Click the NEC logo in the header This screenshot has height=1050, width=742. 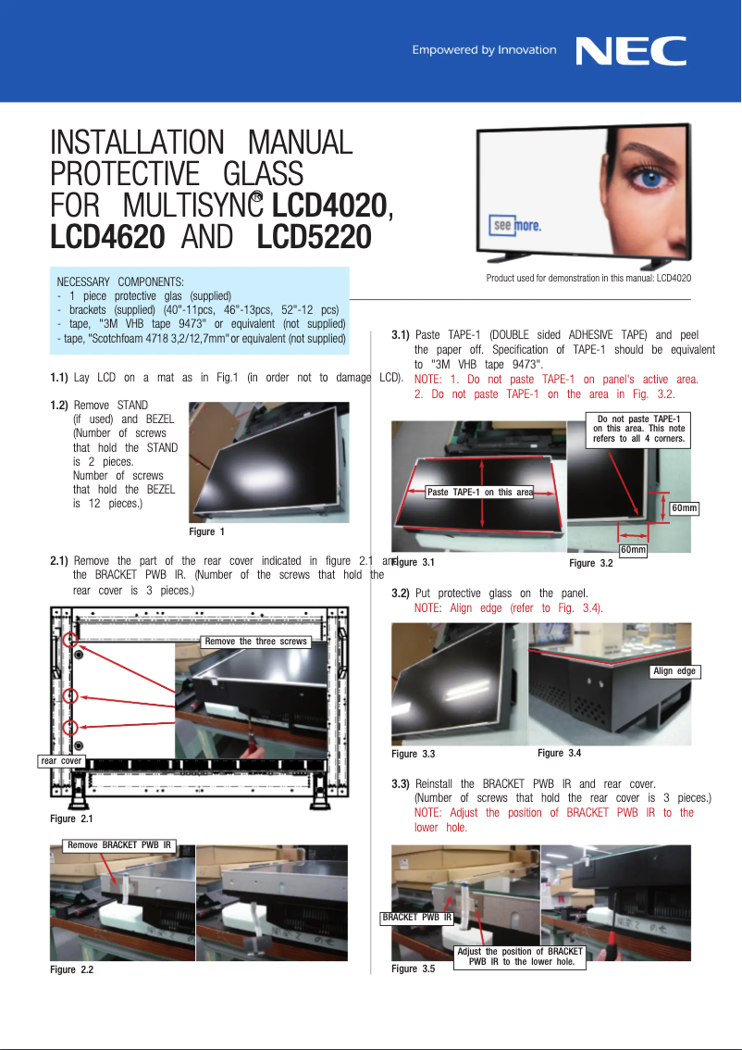631,50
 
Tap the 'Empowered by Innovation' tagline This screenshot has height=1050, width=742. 484,50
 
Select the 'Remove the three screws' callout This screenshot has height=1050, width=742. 255,641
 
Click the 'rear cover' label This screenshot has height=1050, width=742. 62,761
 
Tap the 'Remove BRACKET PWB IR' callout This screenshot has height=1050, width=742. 118,844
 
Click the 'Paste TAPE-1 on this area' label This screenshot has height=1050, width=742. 479,492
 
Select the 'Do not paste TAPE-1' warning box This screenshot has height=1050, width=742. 639,430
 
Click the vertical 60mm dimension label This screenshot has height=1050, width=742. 684,508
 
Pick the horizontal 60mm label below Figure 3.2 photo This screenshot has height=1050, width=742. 633,550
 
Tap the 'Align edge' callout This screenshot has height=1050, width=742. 674,671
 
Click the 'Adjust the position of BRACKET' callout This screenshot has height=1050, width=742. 521,956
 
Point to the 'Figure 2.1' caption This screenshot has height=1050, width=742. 72,819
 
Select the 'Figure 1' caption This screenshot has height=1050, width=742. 207,531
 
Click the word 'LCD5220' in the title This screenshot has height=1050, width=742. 314,238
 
